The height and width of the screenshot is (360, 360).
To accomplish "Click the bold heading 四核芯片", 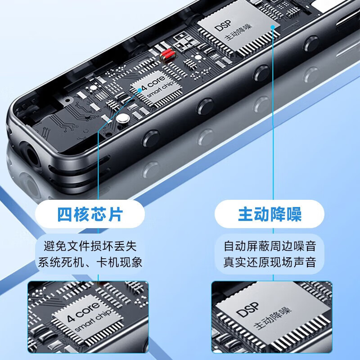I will (x=90, y=214).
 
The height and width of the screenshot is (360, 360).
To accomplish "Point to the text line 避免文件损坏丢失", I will (x=90, y=246).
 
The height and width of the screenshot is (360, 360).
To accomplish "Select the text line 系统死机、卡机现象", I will (x=90, y=262).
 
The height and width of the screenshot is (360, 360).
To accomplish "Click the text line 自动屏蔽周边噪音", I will (x=270, y=246).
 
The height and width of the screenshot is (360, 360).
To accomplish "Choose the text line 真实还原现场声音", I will (x=270, y=262).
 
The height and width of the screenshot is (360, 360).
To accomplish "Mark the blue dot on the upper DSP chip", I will (x=273, y=27).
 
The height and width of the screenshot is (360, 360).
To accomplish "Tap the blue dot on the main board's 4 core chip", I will (x=140, y=90).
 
